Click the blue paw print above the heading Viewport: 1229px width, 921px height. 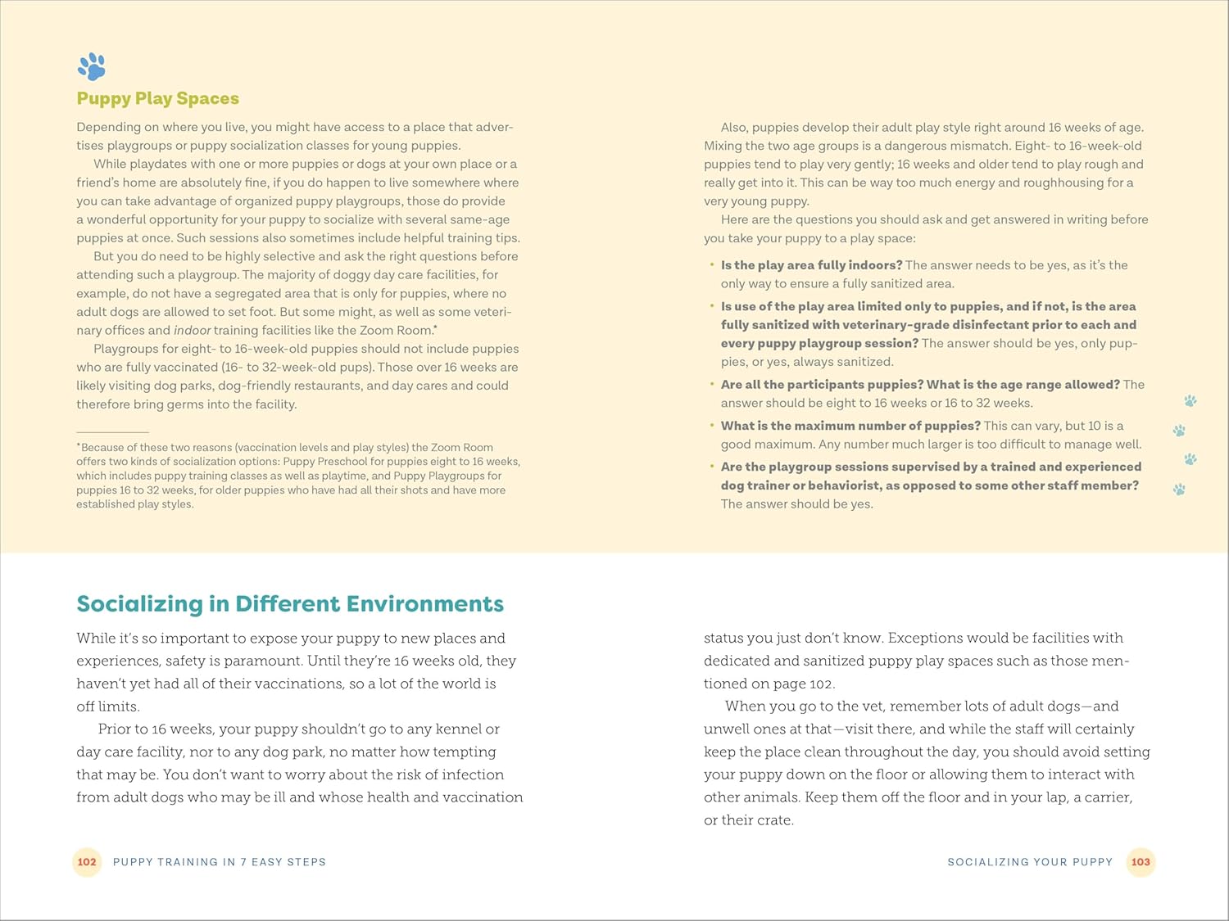click(x=92, y=67)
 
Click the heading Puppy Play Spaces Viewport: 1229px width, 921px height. click(x=157, y=98)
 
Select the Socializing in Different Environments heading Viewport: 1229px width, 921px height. click(x=290, y=603)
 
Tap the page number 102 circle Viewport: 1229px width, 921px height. click(x=87, y=862)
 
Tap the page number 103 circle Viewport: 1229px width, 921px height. click(x=1141, y=862)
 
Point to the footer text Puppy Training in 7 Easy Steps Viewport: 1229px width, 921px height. click(x=220, y=862)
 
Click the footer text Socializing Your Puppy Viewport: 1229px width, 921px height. click(x=1030, y=862)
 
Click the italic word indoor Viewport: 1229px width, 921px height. click(x=192, y=330)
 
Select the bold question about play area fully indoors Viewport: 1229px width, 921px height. click(x=811, y=265)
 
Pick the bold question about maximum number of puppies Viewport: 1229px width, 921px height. click(x=850, y=426)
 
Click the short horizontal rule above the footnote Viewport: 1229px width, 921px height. click(x=112, y=431)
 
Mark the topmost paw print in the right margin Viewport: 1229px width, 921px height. click(x=1190, y=400)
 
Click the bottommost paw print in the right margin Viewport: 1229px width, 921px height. click(x=1179, y=490)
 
